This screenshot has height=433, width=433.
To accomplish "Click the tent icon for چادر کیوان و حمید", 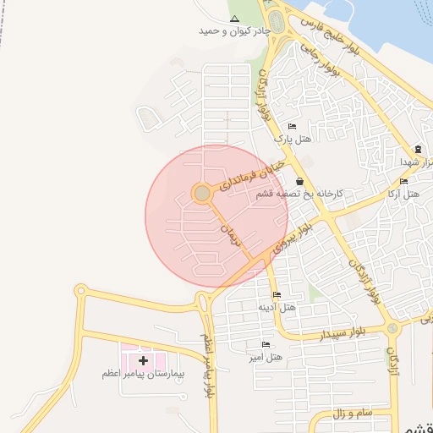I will coord(234,19).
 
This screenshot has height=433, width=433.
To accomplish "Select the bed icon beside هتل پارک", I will coord(293,127).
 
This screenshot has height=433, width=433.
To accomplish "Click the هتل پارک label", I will coord(293,138).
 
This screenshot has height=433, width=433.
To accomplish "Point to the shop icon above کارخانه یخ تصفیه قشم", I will coord(299,181).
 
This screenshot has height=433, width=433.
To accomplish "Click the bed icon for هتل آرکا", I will coord(403,182).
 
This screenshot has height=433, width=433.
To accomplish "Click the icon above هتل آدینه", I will coord(277,295).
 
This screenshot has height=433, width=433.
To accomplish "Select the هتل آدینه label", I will coord(277,307).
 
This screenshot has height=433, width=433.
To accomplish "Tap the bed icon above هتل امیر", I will coord(266,345).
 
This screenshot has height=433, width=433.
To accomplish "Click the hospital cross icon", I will coord(143,360).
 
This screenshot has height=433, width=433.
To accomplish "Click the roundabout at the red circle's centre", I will coord(202,194).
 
